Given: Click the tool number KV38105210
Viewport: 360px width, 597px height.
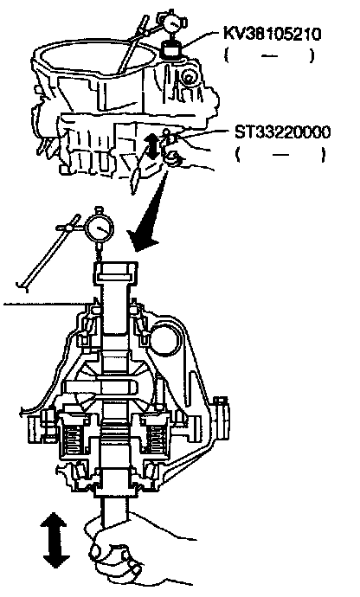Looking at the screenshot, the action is coord(273,34).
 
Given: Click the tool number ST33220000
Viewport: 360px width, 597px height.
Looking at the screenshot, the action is coord(282,132).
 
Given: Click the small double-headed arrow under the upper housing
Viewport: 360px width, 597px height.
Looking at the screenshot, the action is coord(153,147).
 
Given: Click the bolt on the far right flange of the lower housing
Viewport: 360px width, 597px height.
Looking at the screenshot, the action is coord(221,418).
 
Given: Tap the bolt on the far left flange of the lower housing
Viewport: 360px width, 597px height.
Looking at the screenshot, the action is coord(37,422).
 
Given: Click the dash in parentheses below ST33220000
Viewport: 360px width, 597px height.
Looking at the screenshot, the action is coord(281,155).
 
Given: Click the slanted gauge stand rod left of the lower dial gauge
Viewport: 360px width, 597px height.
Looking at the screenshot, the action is coord(48,251).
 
